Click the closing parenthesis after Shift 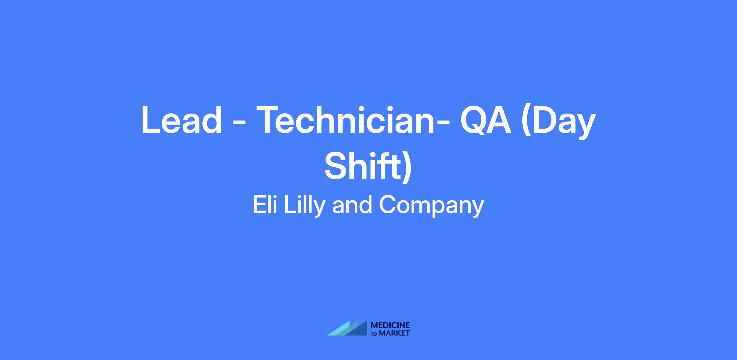406,167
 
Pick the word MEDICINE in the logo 390,325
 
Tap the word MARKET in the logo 394,333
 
